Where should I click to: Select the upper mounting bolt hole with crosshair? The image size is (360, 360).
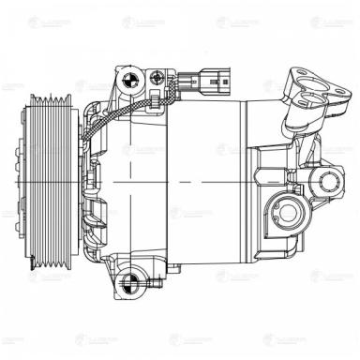[129, 77]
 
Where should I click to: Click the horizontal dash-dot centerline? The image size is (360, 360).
[187, 177]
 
